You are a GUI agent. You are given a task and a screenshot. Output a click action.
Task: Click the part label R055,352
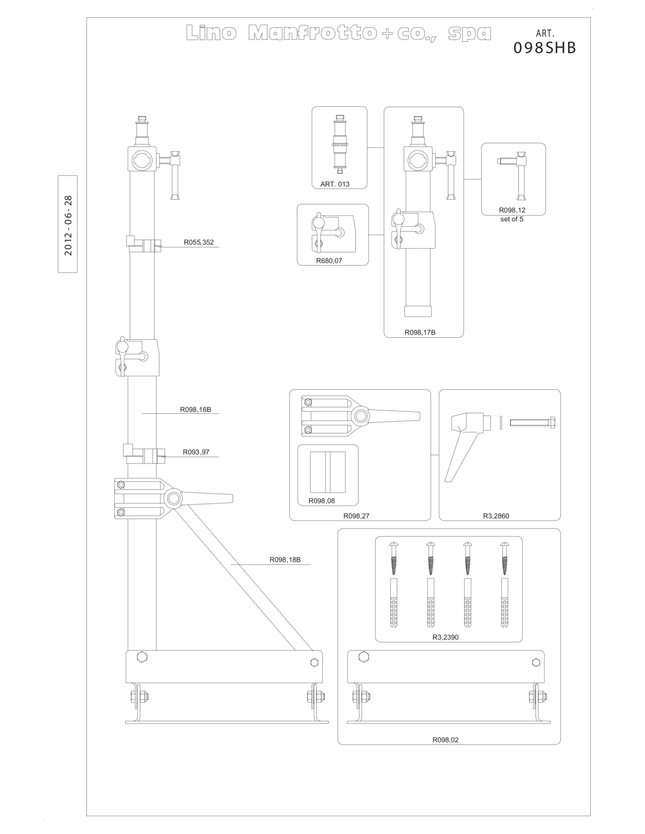pyautogui.click(x=198, y=242)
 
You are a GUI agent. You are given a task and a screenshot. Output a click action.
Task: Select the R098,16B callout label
pyautogui.click(x=196, y=410)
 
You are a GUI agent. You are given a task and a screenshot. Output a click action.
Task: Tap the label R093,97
pyautogui.click(x=196, y=452)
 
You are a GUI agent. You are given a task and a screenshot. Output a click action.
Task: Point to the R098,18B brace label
pyautogui.click(x=285, y=560)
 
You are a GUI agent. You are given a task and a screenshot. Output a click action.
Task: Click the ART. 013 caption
pyautogui.click(x=335, y=184)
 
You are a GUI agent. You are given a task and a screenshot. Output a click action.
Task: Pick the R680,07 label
pyautogui.click(x=329, y=261)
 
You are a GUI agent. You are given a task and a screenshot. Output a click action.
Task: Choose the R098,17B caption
pyautogui.click(x=420, y=333)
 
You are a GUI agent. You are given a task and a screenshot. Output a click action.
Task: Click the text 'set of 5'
pyautogui.click(x=512, y=219)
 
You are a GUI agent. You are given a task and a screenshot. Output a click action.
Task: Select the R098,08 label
pyautogui.click(x=321, y=501)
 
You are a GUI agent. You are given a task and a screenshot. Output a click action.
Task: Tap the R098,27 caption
pyautogui.click(x=356, y=516)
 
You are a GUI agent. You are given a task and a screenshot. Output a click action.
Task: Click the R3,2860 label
pyautogui.click(x=496, y=516)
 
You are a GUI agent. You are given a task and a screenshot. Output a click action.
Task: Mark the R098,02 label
pyautogui.click(x=446, y=740)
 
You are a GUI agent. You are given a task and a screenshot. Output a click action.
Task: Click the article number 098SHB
pyautogui.click(x=545, y=48)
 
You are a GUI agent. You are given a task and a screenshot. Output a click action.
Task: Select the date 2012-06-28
pyautogui.click(x=68, y=226)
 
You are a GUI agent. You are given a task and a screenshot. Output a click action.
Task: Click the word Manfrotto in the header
pyautogui.click(x=312, y=33)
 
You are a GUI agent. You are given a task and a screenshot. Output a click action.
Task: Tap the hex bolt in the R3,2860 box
pyautogui.click(x=532, y=422)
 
